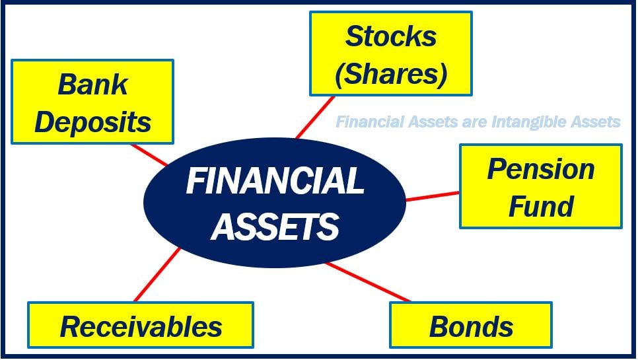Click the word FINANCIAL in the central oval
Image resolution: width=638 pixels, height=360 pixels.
coord(275,181)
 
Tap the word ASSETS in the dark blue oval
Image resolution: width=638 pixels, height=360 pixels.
coord(275,226)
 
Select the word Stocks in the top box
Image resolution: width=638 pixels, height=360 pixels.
coord(390,36)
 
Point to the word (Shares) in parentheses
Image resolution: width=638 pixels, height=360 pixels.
coord(390,74)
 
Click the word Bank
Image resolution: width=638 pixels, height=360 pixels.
coord(92,85)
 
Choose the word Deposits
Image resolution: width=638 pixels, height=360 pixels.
coord(92,122)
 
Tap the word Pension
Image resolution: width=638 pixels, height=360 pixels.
coord(541,169)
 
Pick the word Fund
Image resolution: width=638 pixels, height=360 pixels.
coord(541,206)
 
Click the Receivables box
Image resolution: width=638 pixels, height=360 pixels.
coord(141,325)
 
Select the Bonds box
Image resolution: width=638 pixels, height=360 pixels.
coord(471,325)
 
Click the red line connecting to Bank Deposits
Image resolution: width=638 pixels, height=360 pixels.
coord(149,155)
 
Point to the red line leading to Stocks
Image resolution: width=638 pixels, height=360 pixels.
coord(315,117)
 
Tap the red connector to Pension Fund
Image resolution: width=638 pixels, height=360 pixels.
coord(433,196)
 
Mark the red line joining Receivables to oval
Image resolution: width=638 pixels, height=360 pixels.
coord(157,275)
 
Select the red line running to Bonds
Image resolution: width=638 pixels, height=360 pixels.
coord(367,282)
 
